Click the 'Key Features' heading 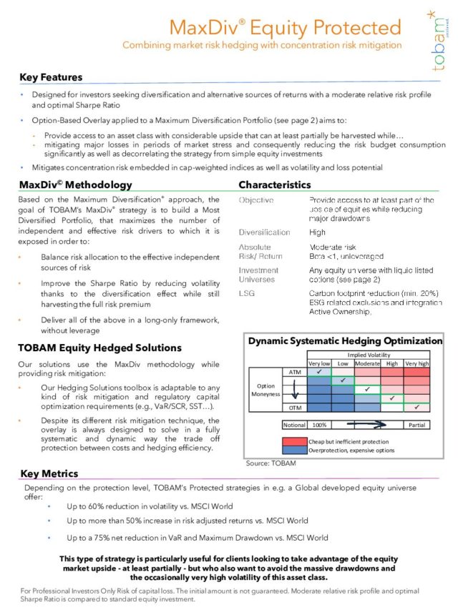[52, 77]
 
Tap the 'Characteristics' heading [275, 185]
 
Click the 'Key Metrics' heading [49, 473]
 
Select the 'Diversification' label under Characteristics [265, 232]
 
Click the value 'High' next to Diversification [317, 232]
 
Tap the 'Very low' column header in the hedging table [319, 363]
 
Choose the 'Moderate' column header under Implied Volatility [367, 363]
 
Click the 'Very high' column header [416, 363]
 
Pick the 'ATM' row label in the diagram [294, 373]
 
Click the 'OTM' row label [294, 407]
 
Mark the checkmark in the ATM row [319, 372]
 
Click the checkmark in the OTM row [416, 407]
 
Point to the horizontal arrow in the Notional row [362, 424]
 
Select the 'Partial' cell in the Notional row [416, 424]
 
